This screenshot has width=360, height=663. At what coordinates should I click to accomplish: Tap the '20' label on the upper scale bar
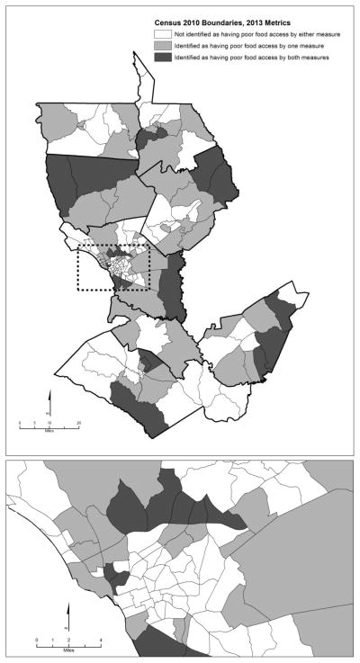coord(78,423)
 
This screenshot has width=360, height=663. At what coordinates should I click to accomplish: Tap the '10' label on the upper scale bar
coord(49,423)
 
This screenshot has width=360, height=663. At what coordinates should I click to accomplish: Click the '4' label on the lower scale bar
coord(100,639)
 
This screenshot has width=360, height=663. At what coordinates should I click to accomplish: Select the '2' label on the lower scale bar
coord(69,639)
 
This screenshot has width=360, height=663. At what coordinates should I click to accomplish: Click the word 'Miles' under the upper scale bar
coord(49,429)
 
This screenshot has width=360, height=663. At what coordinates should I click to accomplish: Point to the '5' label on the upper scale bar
coord(35,423)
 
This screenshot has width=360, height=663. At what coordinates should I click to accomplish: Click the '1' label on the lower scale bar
coord(53,639)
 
